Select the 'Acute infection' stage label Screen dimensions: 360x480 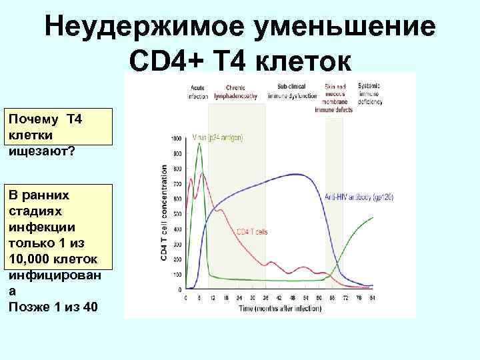(x=198, y=92)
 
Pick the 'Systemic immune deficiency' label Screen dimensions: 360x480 (x=369, y=95)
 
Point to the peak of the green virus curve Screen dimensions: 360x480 (x=199, y=143)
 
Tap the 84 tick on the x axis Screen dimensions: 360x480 (x=372, y=297)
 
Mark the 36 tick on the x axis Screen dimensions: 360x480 (x=265, y=297)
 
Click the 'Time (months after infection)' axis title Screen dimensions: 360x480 (x=277, y=309)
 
